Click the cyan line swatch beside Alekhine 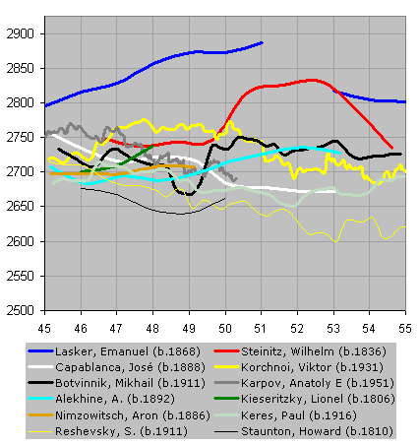[40, 399]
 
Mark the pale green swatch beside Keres [226, 415]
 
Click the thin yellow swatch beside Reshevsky [40, 431]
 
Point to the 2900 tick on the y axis [20, 33]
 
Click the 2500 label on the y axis [20, 310]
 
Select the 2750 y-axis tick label [20, 137]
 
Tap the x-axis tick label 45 [44, 328]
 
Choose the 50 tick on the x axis [225, 328]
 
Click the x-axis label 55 [405, 328]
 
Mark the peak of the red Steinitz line [312, 80]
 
